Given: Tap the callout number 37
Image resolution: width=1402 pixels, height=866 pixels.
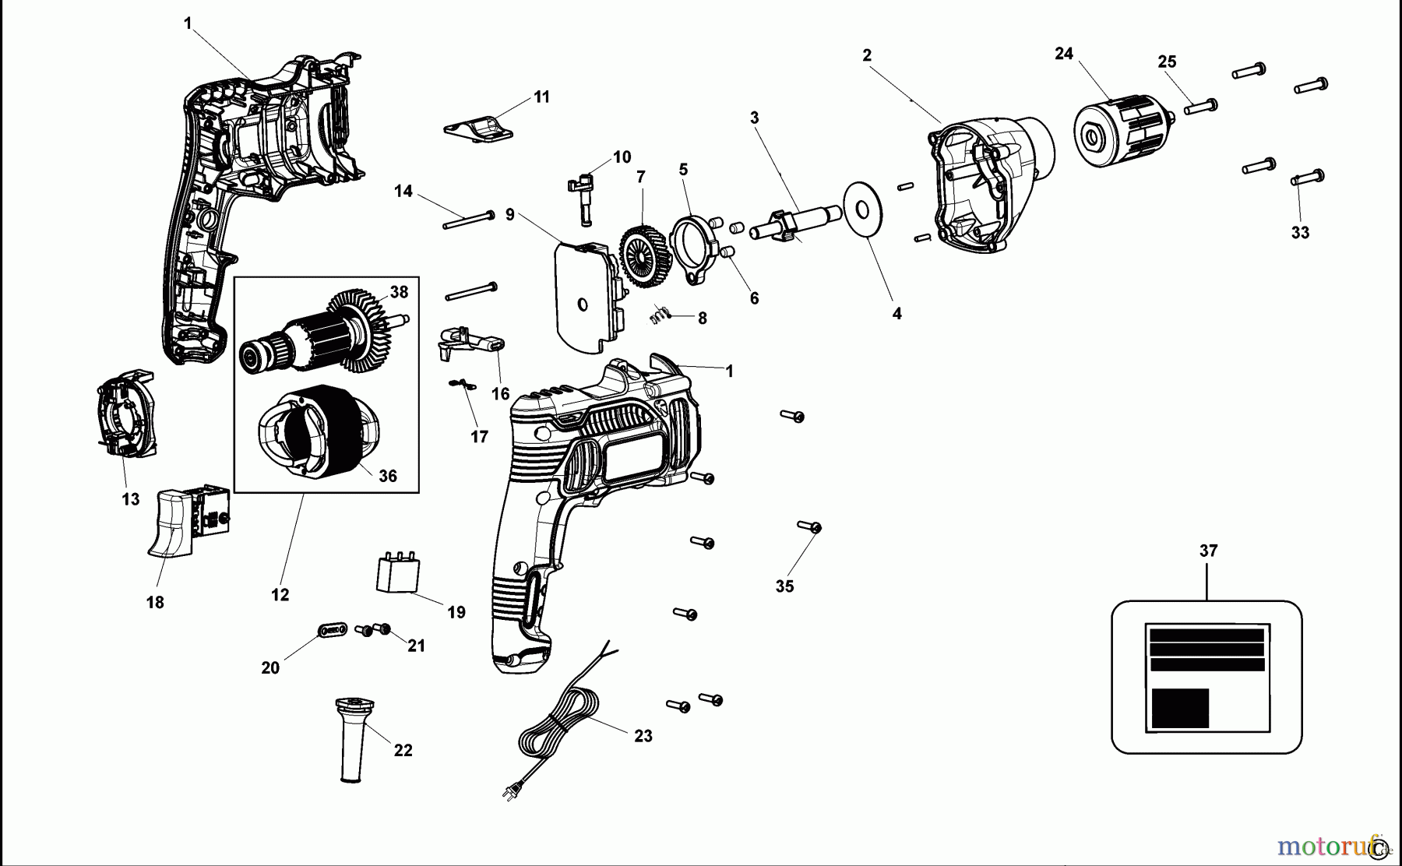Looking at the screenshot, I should [x=1207, y=551].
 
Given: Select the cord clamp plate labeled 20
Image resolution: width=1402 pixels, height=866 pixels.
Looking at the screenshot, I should [x=333, y=628].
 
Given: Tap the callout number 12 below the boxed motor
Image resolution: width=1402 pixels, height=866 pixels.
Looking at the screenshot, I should [x=280, y=595].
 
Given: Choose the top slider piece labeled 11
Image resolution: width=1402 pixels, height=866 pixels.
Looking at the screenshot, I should [x=479, y=127].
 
